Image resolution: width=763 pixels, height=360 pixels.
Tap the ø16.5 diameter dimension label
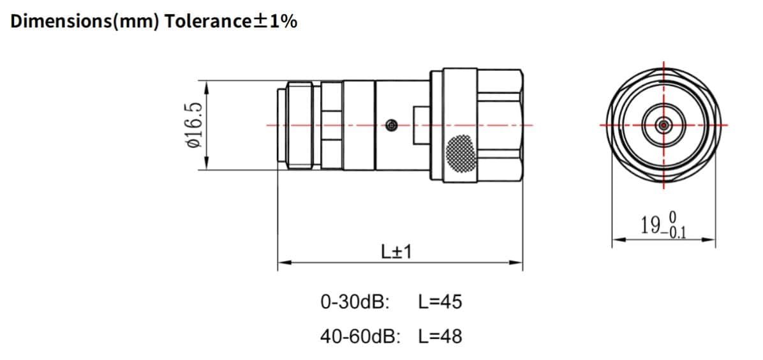(x=193, y=126)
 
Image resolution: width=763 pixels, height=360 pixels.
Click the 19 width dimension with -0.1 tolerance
(x=663, y=225)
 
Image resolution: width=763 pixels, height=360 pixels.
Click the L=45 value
(x=440, y=301)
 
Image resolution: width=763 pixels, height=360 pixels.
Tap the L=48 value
(x=440, y=336)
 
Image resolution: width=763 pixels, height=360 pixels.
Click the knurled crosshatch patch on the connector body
(x=461, y=153)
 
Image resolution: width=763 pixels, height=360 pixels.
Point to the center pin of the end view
(x=663, y=125)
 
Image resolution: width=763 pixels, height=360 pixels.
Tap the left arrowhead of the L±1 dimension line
(x=282, y=262)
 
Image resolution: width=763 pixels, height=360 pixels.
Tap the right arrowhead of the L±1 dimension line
(x=518, y=262)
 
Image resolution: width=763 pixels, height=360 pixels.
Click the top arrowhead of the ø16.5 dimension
(x=206, y=84)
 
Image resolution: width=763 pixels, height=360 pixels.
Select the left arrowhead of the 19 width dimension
(x=617, y=241)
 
